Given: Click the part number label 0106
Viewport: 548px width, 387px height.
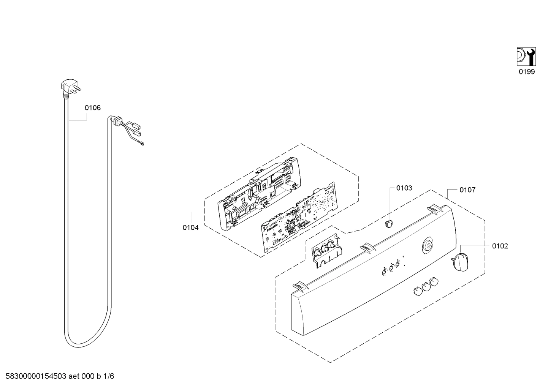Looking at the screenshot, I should pos(93,108).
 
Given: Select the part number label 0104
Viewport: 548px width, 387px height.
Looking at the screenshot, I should pos(190,227).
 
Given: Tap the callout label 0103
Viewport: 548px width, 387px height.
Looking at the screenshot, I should pos(404,188).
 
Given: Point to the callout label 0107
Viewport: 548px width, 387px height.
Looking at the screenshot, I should pos(467,190).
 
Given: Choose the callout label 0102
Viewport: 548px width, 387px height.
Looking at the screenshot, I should pos(500,246).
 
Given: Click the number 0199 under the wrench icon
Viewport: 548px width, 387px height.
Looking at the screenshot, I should pos(527,72).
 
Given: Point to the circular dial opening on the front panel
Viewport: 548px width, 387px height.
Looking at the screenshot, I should pos(428,246).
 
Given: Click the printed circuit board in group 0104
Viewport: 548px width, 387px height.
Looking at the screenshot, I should pos(298,218).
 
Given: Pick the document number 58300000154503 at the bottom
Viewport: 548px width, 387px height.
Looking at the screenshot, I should pos(34,376).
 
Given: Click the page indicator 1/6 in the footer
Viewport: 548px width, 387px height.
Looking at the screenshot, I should pos(108,376).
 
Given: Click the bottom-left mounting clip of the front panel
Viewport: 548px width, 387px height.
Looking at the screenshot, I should pos(300,286).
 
